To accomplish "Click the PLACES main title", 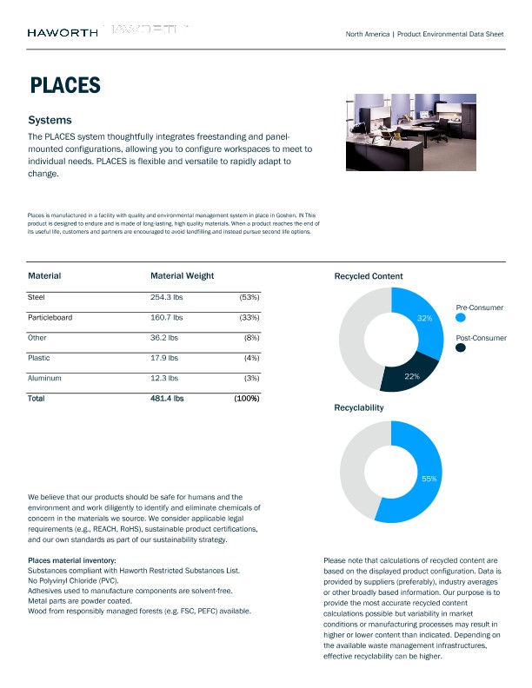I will (64, 85).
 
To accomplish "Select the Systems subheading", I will (50, 120).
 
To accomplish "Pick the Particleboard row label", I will (50, 317).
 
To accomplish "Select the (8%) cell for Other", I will (249, 337).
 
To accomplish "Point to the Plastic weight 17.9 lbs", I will (164, 357).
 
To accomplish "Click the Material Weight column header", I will (182, 275).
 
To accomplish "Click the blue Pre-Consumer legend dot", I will (461, 318).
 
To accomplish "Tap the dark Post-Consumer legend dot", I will (461, 347).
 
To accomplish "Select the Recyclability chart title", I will (359, 407).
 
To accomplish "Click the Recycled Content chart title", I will (369, 276).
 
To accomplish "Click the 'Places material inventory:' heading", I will (72, 560).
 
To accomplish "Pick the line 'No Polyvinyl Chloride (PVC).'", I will (73, 580).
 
